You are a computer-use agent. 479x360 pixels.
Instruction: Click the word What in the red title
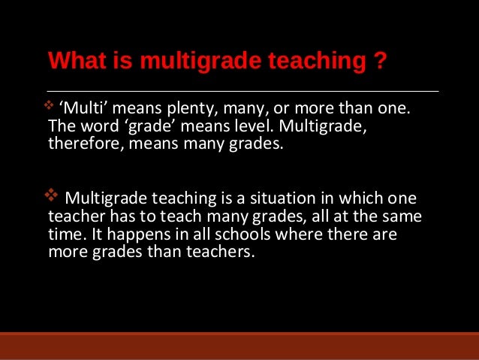pos(73,59)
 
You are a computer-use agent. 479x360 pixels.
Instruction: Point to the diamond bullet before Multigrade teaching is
pos(53,197)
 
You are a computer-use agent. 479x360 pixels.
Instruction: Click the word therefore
pos(80,144)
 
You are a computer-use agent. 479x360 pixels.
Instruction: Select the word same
pos(402,217)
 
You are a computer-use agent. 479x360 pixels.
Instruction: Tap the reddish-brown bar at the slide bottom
pos(239,346)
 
